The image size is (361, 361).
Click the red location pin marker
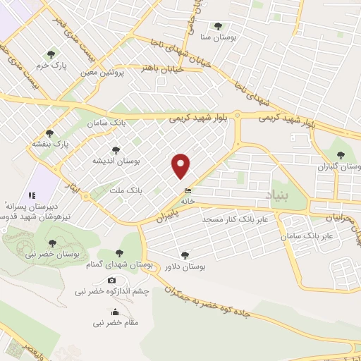pos(181,165)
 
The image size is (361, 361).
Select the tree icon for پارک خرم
pos(50,53)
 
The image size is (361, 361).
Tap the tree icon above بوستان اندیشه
pos(116,149)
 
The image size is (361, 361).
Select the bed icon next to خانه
pos(187,191)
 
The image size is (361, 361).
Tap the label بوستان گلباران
pos(339,167)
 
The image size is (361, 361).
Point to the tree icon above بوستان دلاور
pos(185,255)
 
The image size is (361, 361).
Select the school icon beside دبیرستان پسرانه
pos(30,195)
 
